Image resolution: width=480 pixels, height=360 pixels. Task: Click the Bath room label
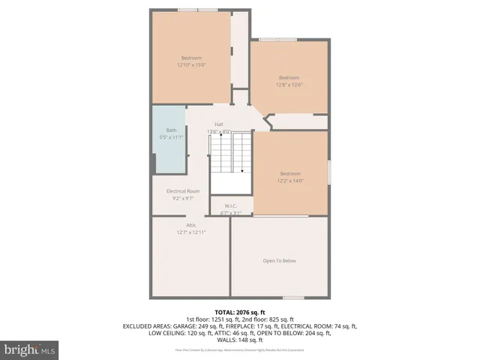coord(172,130)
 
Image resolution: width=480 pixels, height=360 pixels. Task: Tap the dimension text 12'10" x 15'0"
coord(192,65)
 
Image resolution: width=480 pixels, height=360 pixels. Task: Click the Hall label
coord(219,124)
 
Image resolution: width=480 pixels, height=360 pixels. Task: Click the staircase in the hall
coord(229,154)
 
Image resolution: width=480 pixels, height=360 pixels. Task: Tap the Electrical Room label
coord(183,191)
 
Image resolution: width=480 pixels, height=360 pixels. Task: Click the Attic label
coord(191,225)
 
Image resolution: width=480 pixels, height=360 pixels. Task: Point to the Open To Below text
coord(280,261)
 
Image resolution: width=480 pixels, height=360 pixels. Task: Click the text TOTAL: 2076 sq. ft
coord(240,312)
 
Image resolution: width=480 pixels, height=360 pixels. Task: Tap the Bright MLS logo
coord(30,349)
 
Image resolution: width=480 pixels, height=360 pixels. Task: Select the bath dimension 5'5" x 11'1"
coord(172,137)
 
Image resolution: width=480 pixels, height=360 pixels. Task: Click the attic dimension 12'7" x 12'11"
coord(191,232)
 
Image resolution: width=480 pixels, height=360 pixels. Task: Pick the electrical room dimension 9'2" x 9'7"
coord(183,199)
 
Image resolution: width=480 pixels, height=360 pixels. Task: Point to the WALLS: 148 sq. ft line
coord(240,340)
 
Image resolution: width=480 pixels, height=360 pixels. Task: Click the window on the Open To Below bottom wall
coord(293,298)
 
